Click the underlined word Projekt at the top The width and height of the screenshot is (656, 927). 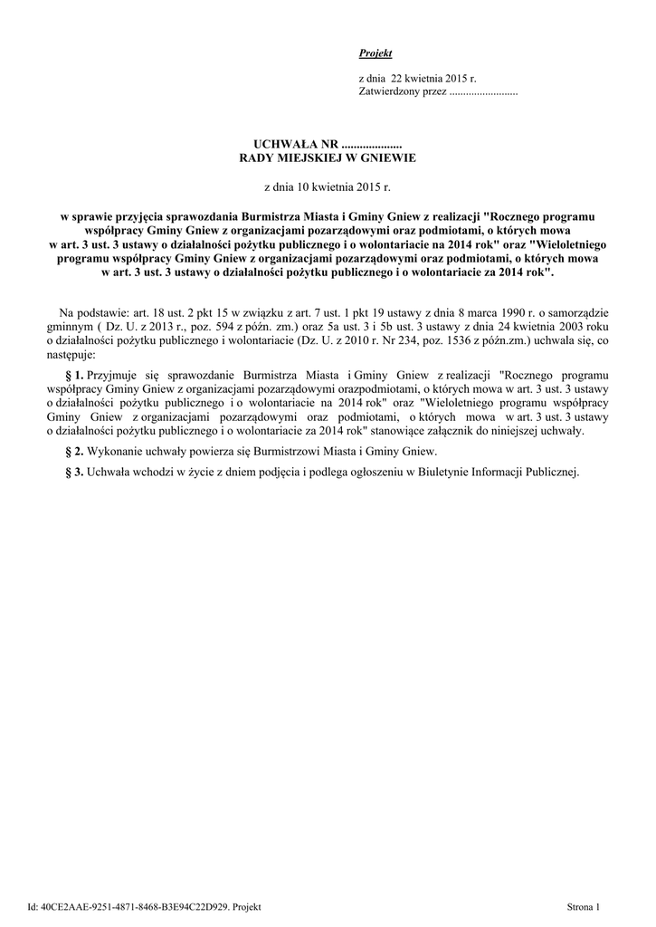(369, 54)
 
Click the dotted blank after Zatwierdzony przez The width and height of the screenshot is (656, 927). (483, 93)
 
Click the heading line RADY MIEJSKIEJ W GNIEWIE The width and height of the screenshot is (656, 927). (327, 158)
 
